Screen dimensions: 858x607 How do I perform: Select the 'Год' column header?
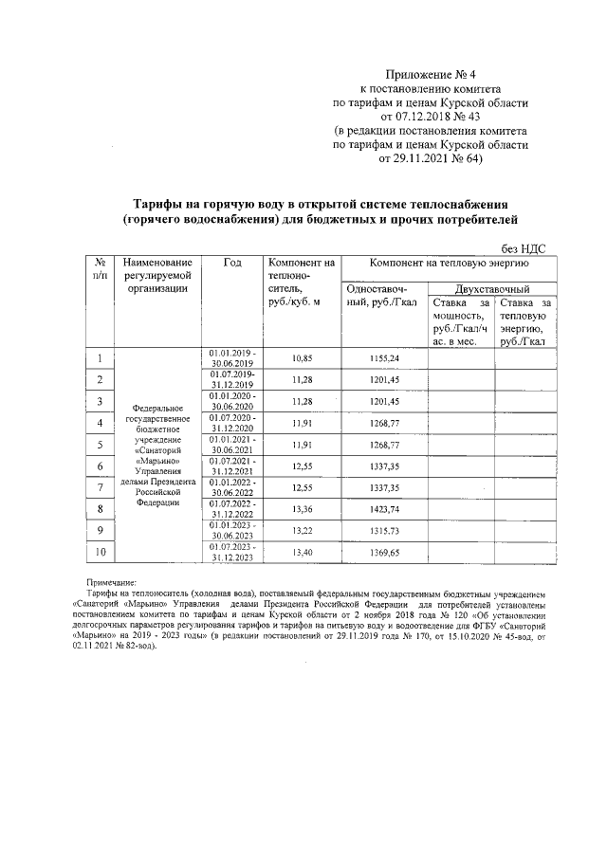coord(232,263)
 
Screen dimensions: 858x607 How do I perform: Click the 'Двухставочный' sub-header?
coord(491,288)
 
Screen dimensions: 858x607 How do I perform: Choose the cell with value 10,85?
coord(302,357)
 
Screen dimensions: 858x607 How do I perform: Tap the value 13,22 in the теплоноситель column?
coord(302,531)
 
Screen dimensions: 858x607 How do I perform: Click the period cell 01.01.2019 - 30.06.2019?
coord(232,357)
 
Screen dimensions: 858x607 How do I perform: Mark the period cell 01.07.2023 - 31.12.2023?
coord(232,553)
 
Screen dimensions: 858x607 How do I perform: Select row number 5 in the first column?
coord(100,444)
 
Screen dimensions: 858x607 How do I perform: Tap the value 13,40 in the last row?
coord(302,553)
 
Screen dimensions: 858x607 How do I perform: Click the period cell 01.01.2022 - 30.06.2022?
coord(232,487)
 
